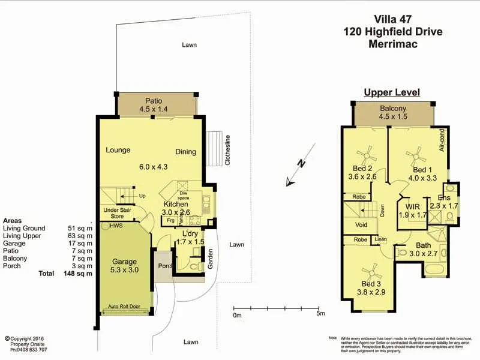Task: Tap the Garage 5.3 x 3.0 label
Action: point(125,266)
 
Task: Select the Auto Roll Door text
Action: point(124,307)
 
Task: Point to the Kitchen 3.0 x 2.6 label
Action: point(176,208)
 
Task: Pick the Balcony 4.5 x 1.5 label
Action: point(393,113)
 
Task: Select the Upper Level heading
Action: point(392,92)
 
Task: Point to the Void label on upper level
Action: point(361,225)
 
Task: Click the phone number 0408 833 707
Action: point(29,349)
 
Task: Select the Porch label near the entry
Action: point(165,265)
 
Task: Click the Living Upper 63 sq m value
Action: point(80,236)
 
